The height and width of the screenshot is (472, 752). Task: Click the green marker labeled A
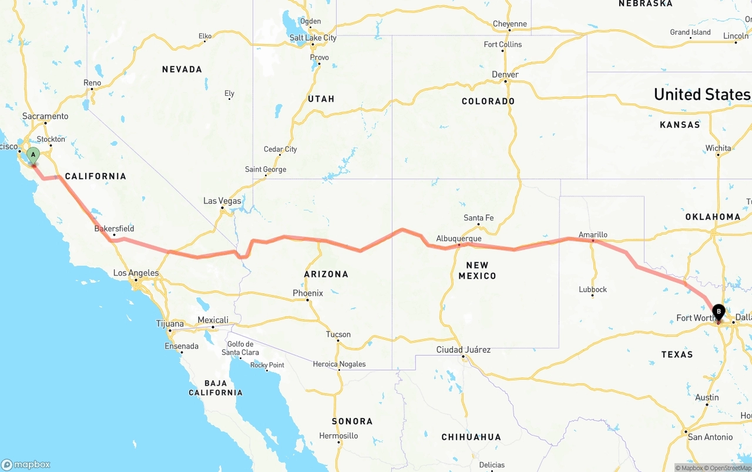tap(33, 156)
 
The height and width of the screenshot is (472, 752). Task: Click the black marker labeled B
tap(718, 312)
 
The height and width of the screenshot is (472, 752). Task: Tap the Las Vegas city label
tap(222, 201)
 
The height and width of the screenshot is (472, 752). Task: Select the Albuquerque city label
tap(459, 239)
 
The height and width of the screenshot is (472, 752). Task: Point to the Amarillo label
tap(593, 235)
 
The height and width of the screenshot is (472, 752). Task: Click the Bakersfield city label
tap(114, 229)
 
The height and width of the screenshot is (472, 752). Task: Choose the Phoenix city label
tap(308, 293)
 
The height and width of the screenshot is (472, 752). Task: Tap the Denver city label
tap(505, 75)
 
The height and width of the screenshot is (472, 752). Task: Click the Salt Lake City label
tap(313, 38)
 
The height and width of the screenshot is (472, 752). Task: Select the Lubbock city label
tap(592, 289)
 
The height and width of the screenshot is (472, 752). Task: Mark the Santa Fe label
tap(478, 218)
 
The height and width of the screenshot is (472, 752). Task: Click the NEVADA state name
tap(182, 69)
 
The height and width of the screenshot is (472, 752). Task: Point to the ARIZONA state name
tap(326, 274)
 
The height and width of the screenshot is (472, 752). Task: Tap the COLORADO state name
tap(488, 101)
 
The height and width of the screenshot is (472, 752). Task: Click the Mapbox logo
tap(26, 464)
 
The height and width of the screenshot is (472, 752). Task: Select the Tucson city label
tap(338, 334)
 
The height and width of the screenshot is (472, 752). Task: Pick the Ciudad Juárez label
tap(463, 350)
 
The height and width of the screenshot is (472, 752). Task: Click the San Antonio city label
tap(710, 437)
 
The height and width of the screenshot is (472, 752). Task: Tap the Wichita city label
tap(719, 148)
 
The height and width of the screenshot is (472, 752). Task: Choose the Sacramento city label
tap(45, 116)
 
